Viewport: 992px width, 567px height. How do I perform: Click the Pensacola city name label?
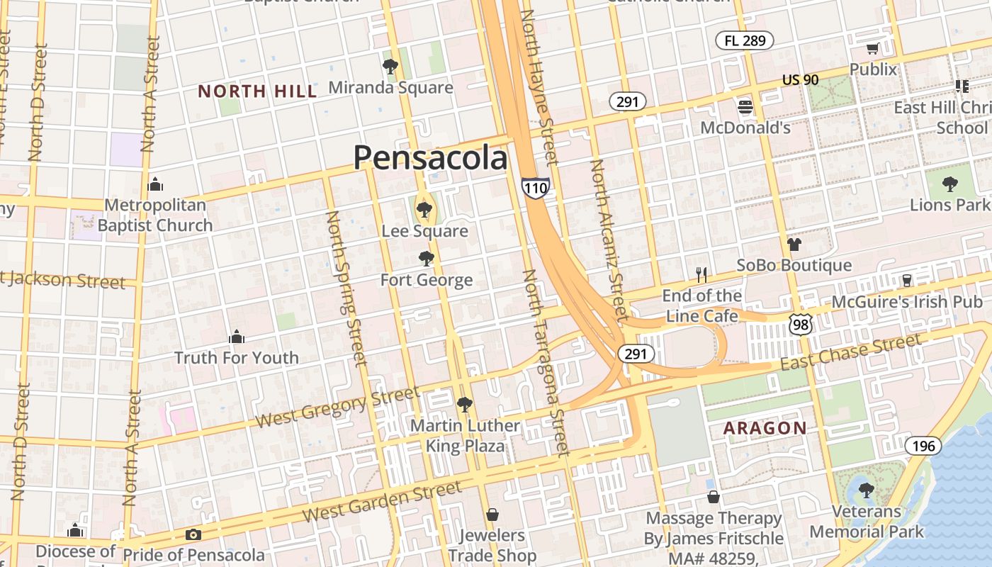[x=430, y=157]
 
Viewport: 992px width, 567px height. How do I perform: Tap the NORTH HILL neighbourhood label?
[x=257, y=91]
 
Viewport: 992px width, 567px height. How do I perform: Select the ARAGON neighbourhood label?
[x=765, y=428]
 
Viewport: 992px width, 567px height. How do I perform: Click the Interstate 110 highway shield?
[x=535, y=188]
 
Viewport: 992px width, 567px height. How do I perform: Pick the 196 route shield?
[x=923, y=446]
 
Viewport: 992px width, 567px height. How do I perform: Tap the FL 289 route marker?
[x=744, y=40]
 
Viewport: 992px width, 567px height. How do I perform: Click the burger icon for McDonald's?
[x=745, y=107]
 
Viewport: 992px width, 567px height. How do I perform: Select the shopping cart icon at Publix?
[x=872, y=49]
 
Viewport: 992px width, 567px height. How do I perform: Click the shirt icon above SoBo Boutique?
[x=793, y=245]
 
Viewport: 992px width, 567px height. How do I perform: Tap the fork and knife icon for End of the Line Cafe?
[x=701, y=274]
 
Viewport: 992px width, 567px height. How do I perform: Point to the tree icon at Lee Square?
[x=424, y=209]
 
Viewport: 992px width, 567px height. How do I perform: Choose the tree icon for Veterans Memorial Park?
[x=866, y=489]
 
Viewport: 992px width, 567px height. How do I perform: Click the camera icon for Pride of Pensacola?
[x=193, y=535]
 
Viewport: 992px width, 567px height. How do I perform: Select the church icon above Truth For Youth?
[x=237, y=337]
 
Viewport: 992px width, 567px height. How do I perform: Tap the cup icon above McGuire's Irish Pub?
[x=906, y=280]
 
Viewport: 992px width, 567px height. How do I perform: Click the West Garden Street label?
[x=382, y=502]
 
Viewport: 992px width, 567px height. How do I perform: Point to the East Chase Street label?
[x=851, y=352]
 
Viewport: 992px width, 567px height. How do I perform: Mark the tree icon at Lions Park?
[x=949, y=184]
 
